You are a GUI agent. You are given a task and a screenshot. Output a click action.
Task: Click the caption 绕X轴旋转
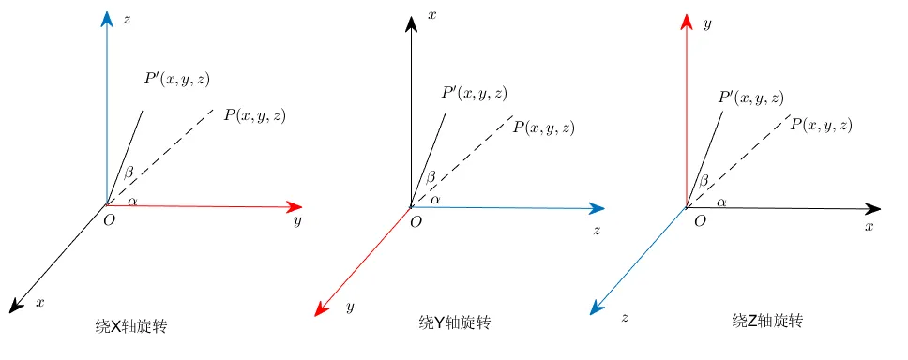(131, 326)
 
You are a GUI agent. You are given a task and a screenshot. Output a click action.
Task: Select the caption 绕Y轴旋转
(455, 322)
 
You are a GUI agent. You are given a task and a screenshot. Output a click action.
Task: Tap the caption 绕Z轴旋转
(767, 321)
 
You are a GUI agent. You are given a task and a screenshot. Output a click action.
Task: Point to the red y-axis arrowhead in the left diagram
(295, 206)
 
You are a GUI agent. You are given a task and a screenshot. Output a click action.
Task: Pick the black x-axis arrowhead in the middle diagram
(411, 23)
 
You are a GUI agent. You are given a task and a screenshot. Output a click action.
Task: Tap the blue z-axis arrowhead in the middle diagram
(597, 208)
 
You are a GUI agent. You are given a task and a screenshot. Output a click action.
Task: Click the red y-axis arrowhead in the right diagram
(687, 22)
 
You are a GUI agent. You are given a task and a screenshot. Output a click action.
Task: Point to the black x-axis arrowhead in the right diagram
(873, 208)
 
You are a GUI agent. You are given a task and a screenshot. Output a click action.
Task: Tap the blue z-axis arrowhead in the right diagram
(598, 307)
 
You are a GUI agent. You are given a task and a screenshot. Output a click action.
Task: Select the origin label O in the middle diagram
(416, 222)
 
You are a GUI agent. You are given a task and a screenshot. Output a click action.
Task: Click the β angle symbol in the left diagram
(129, 172)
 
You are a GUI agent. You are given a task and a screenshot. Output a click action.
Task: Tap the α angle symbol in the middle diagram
(435, 200)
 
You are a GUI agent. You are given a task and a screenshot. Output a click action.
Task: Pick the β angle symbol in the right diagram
(704, 181)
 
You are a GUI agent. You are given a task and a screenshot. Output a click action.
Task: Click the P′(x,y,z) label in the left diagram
(177, 79)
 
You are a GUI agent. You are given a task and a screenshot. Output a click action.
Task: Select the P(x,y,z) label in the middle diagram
(544, 127)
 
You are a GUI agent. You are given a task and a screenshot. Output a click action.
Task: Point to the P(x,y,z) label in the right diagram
(821, 125)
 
